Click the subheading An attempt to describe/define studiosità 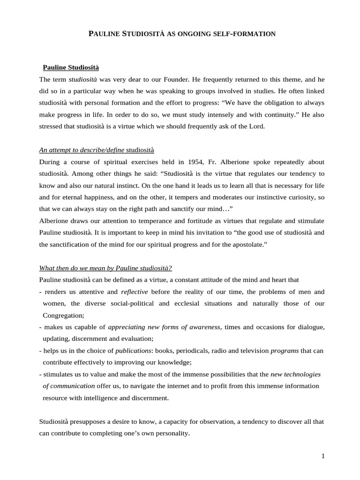(x=97, y=150)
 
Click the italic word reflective (x=135, y=292)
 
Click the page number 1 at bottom (x=323, y=457)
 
